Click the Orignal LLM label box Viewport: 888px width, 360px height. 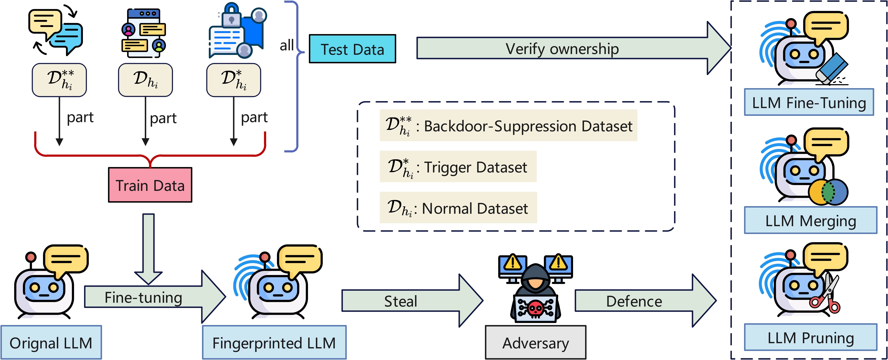(x=51, y=342)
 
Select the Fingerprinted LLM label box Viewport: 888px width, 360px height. (x=274, y=342)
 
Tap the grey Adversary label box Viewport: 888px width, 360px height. (x=535, y=342)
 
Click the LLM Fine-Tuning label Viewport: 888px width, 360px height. (x=809, y=102)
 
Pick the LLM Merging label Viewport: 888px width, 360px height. (x=810, y=220)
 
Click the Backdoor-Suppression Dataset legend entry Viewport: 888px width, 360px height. (x=508, y=126)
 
